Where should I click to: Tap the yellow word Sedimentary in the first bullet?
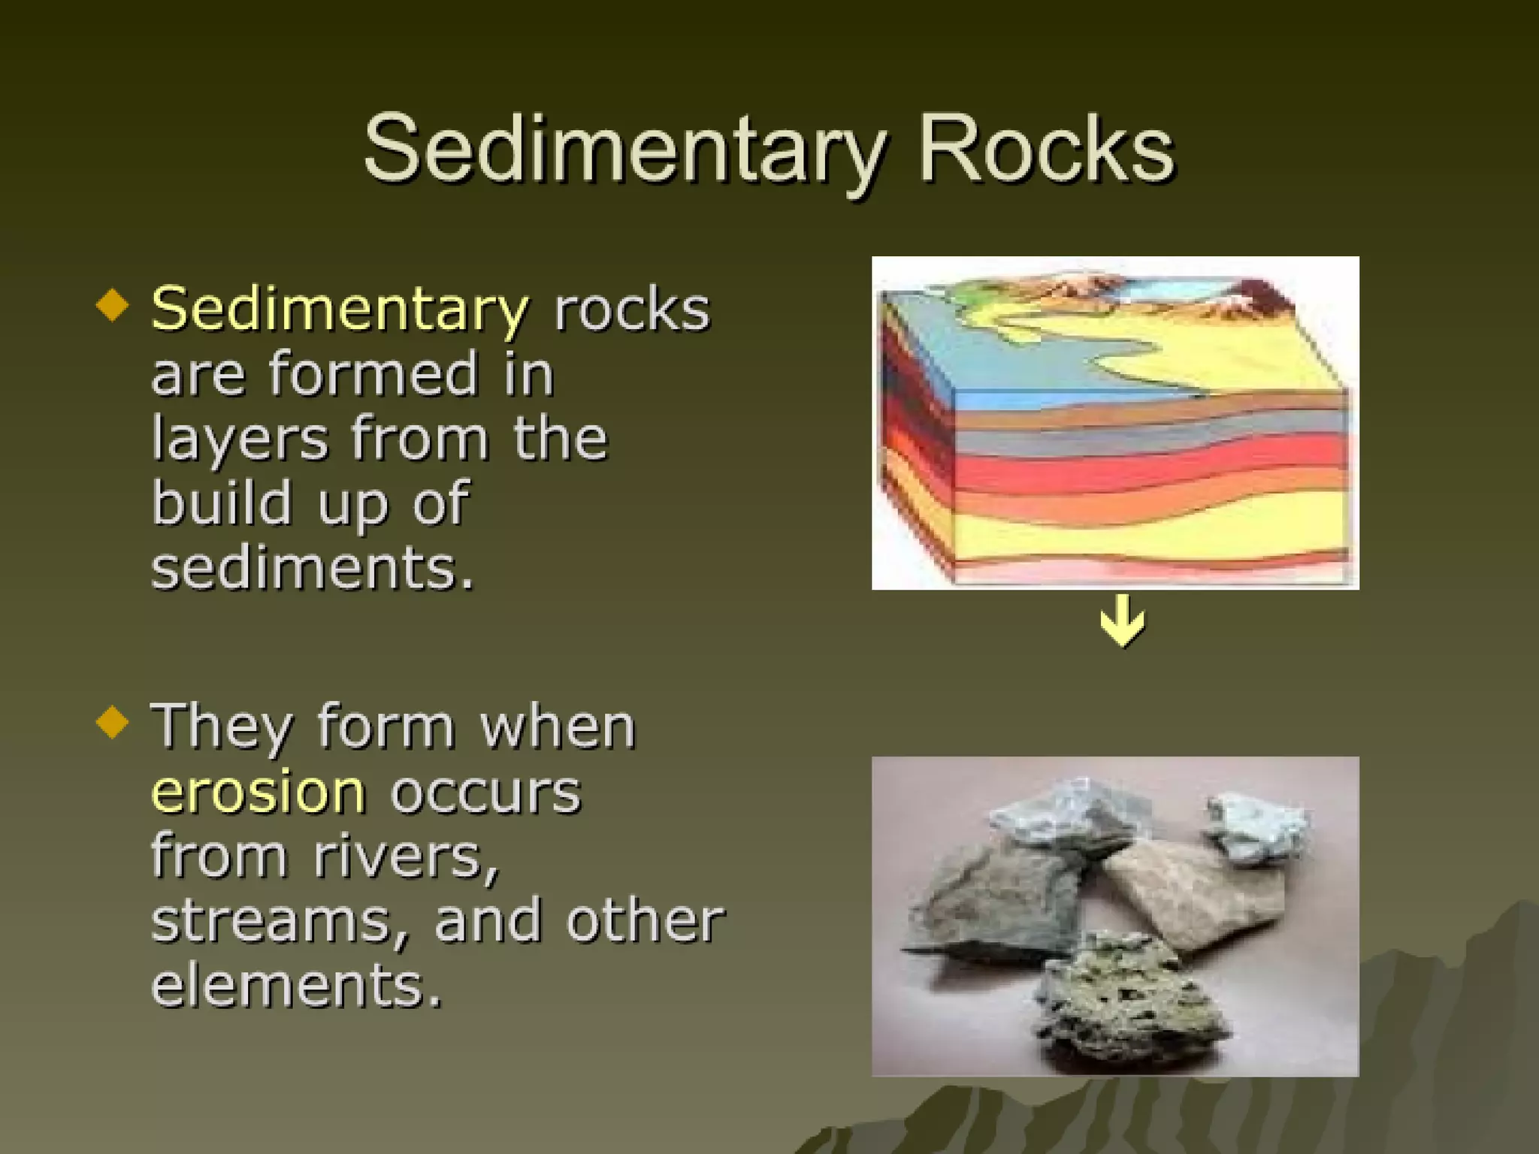pyautogui.click(x=340, y=309)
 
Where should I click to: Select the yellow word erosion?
pyautogui.click(x=259, y=792)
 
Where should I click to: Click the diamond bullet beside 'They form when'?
pyautogui.click(x=113, y=722)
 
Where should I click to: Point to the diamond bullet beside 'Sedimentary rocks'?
pyautogui.click(x=113, y=305)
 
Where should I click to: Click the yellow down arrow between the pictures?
pyautogui.click(x=1123, y=621)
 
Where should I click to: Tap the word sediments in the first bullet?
pyautogui.click(x=313, y=569)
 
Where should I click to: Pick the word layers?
pyautogui.click(x=240, y=439)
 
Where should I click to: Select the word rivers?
pyautogui.click(x=406, y=856)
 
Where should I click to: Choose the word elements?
pyautogui.click(x=296, y=986)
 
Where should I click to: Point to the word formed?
pyautogui.click(x=373, y=373)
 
